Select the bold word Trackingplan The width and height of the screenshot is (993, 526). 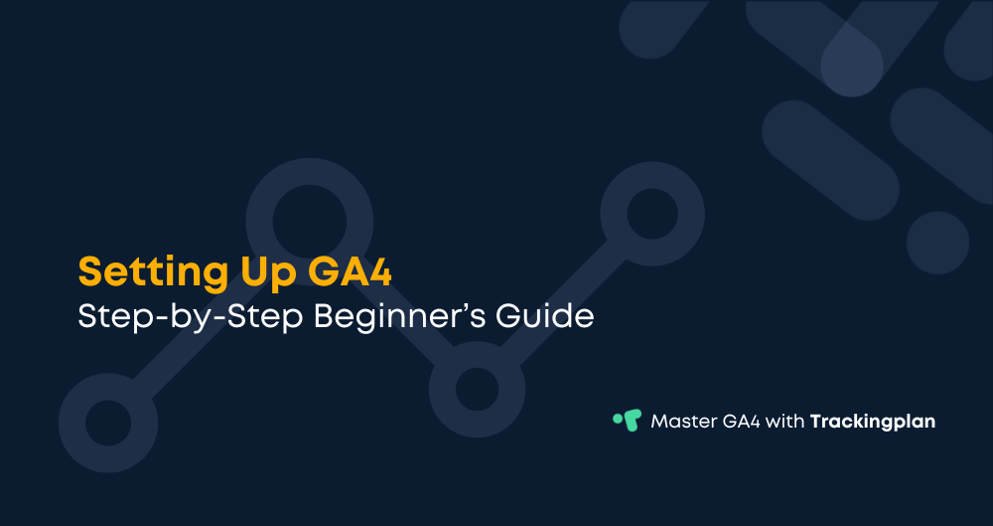coord(873,422)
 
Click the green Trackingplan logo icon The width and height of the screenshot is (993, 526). coord(627,420)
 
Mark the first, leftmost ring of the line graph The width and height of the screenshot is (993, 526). coord(107,422)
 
